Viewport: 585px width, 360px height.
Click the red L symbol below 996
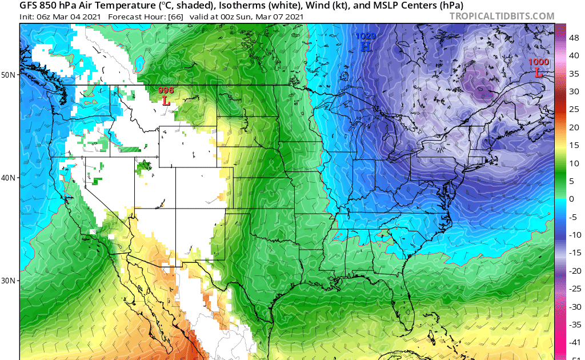(x=166, y=101)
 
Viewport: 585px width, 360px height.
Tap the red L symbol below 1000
(x=538, y=72)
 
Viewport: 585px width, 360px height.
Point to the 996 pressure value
(x=166, y=90)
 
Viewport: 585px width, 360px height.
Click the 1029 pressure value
(x=366, y=36)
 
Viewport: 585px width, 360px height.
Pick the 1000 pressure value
(x=538, y=62)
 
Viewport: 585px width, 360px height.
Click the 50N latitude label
(x=9, y=75)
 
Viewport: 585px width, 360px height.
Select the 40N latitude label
(x=9, y=178)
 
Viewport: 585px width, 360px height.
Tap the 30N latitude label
(x=9, y=281)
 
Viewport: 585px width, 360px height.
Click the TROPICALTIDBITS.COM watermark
(x=502, y=16)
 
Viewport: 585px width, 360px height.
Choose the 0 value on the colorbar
(x=572, y=198)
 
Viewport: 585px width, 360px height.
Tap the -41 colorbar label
(x=575, y=342)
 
